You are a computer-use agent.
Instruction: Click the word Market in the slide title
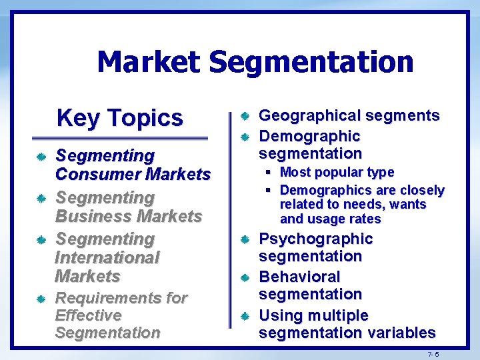tap(147, 63)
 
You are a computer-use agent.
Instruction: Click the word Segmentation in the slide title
tap(311, 63)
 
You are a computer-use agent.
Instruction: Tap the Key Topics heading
tap(120, 118)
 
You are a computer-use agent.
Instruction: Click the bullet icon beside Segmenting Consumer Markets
tap(41, 157)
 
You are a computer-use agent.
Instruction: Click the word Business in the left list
tap(93, 216)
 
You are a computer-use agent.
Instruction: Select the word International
tap(107, 257)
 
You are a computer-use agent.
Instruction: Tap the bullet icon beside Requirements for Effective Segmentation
tap(41, 299)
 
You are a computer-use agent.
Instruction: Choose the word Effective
tap(89, 315)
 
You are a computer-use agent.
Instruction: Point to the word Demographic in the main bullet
tap(309, 136)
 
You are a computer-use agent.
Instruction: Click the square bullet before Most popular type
tap(267, 173)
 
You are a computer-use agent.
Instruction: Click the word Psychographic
tap(315, 239)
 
